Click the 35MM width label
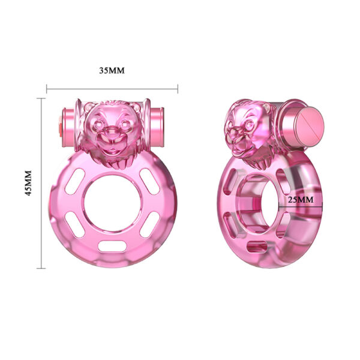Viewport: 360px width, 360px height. click(112, 70)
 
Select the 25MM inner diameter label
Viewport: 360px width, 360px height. click(299, 199)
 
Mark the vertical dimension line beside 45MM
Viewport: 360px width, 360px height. click(41, 183)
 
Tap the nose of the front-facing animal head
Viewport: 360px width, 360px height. click(112, 133)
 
